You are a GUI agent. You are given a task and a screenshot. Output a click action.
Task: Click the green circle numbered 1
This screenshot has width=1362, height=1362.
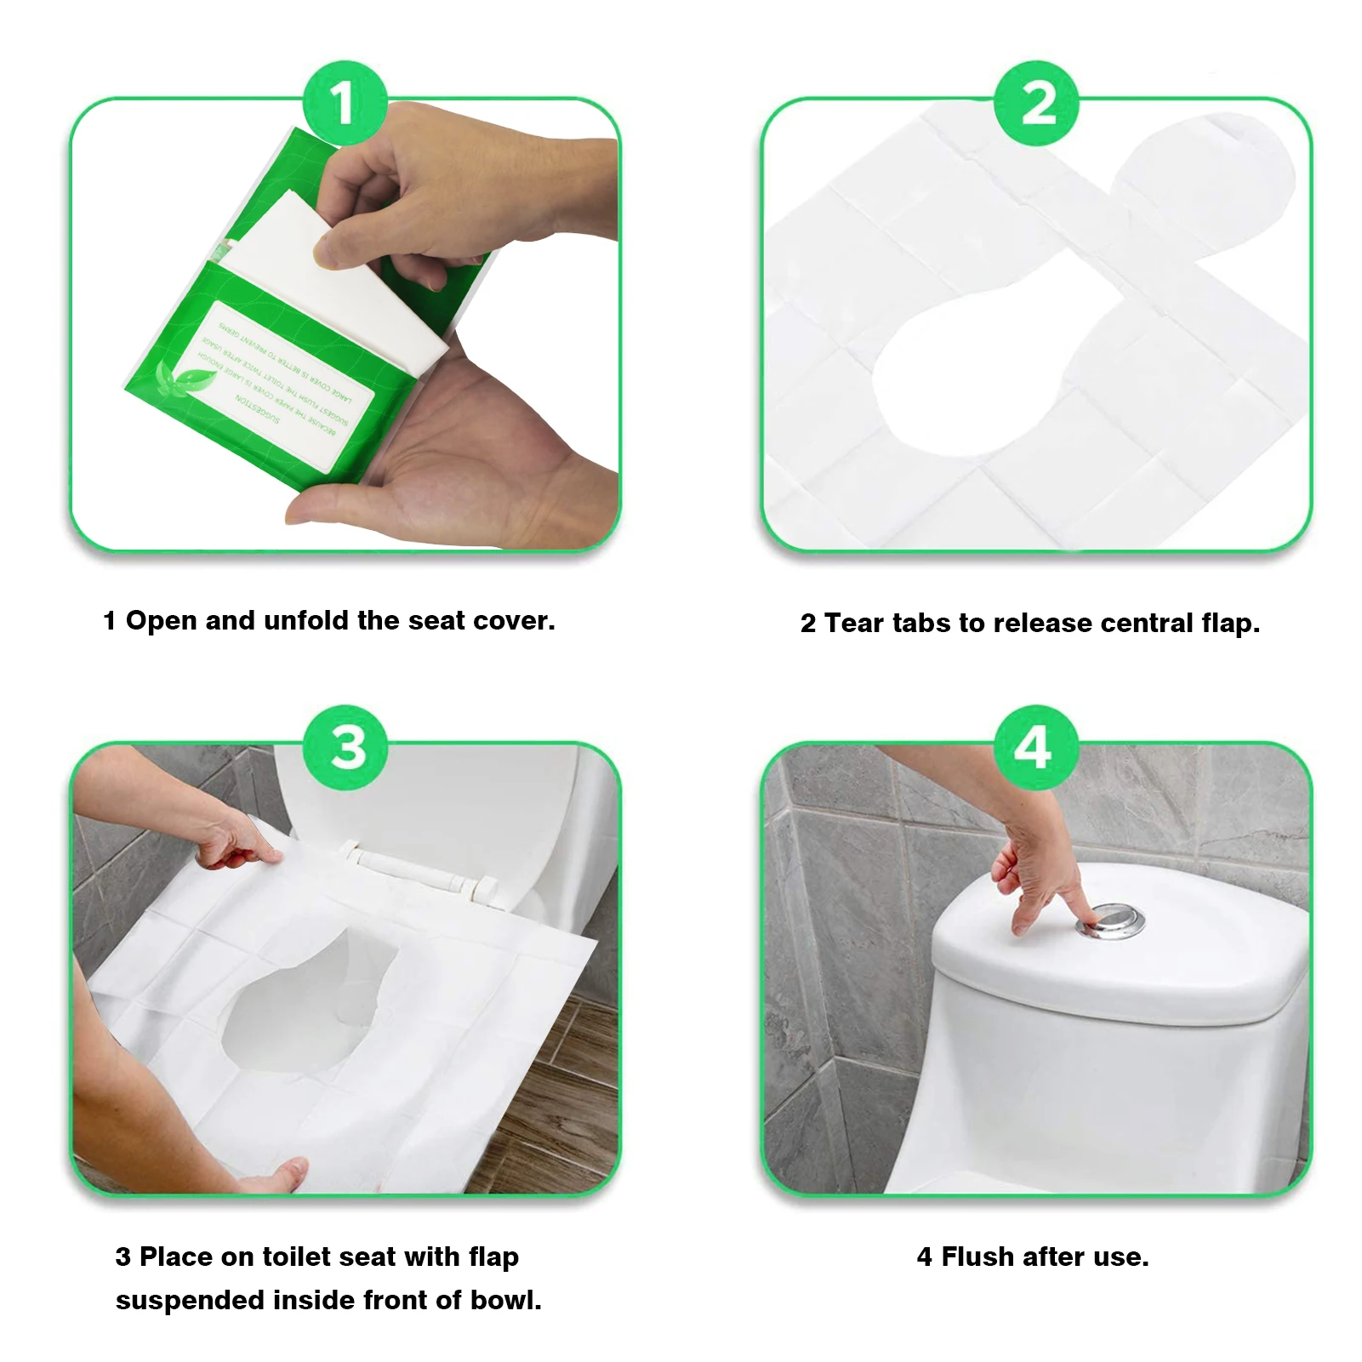click(x=345, y=103)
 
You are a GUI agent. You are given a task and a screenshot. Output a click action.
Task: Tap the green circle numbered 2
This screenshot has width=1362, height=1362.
click(x=1036, y=103)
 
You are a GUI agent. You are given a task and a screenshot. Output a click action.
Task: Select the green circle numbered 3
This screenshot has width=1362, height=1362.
click(x=346, y=747)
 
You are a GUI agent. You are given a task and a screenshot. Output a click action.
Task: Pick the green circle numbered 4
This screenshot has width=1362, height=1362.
click(x=1035, y=747)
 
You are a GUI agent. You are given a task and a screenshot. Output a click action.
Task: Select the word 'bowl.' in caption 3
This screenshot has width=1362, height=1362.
click(x=506, y=1300)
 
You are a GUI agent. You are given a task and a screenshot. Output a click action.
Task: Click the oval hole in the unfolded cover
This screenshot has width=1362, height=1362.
click(x=961, y=383)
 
